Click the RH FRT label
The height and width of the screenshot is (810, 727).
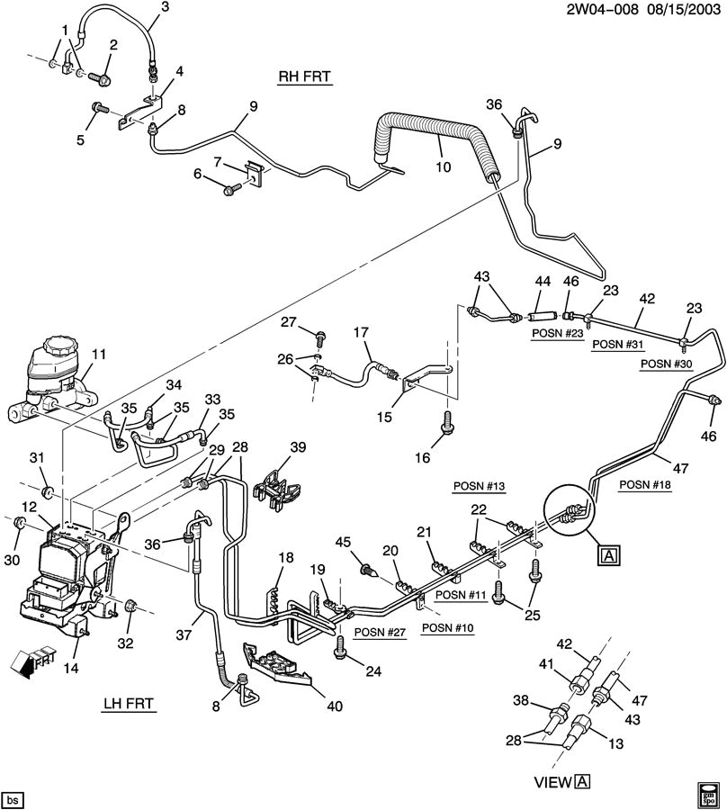click(305, 77)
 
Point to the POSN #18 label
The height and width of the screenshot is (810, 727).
click(645, 484)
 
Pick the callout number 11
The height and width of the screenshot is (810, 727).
click(98, 355)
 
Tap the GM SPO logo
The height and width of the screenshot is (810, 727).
click(707, 796)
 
